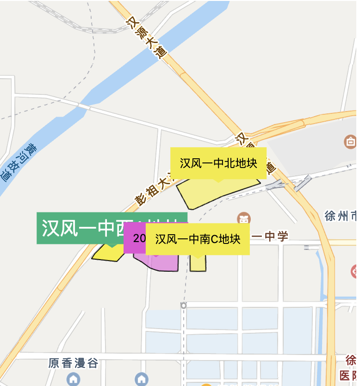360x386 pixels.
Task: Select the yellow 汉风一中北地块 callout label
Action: tap(218, 163)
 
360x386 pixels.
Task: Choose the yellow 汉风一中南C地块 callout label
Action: tap(198, 239)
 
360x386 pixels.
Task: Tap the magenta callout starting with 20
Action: tap(135, 238)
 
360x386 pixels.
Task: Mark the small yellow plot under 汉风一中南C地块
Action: tap(198, 263)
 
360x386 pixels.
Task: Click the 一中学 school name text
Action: tap(269, 237)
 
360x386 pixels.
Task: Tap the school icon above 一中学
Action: tap(243, 218)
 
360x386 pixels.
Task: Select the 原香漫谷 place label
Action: tap(74, 363)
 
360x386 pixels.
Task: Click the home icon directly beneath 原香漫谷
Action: tap(74, 380)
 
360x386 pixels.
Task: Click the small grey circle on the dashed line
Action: tap(184, 305)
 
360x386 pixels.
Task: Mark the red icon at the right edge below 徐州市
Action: tap(355, 271)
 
